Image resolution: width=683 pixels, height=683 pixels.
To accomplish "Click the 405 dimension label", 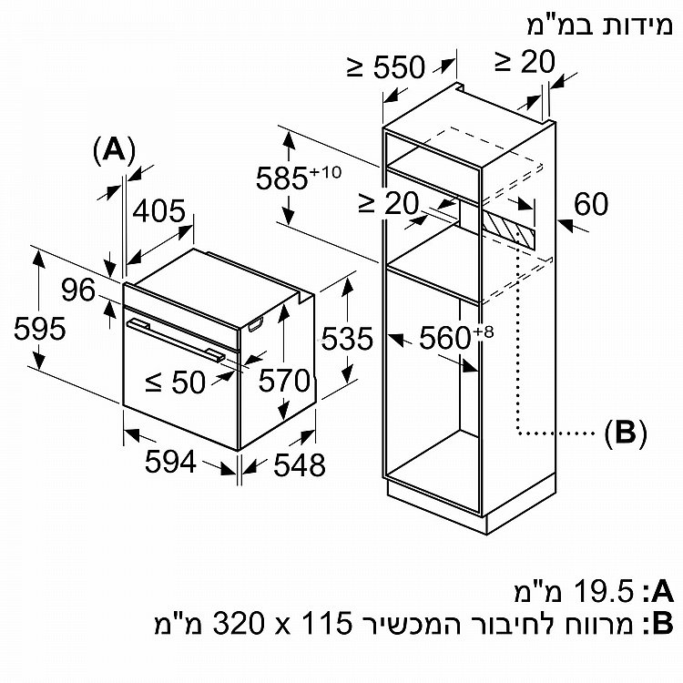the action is point(159,211).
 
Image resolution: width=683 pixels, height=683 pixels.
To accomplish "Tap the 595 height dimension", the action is point(40,328).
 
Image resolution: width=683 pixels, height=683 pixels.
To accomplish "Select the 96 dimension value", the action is point(78,290).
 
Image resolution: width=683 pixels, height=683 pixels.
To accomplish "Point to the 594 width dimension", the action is point(170,462).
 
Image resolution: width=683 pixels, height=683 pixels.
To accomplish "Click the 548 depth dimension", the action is point(300,464).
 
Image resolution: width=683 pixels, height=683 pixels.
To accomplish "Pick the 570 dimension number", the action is point(284,381).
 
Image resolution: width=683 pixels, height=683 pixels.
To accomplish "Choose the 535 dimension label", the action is point(347,339).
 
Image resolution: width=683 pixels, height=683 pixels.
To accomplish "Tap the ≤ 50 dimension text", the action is point(175,382).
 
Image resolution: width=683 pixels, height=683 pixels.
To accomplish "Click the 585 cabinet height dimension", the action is point(299,177).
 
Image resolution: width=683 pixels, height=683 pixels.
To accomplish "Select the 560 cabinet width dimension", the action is point(456,337).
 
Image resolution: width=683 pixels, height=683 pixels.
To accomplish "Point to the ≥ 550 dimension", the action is point(386,66).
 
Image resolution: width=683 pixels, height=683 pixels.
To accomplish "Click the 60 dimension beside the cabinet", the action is point(591,203).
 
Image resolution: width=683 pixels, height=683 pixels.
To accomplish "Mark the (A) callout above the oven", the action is point(114,150).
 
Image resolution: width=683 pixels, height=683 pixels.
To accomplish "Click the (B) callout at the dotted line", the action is point(626,433).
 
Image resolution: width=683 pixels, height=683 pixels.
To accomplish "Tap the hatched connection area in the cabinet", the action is point(509,229).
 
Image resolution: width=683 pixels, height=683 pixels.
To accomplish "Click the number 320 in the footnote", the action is point(239,623).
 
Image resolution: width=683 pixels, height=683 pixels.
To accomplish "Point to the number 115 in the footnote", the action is point(325,623).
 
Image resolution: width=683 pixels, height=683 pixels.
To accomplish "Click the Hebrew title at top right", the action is point(600,25).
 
